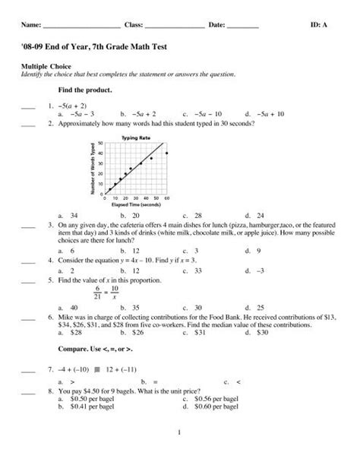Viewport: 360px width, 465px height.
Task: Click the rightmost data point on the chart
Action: pyautogui.click(x=166, y=153)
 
